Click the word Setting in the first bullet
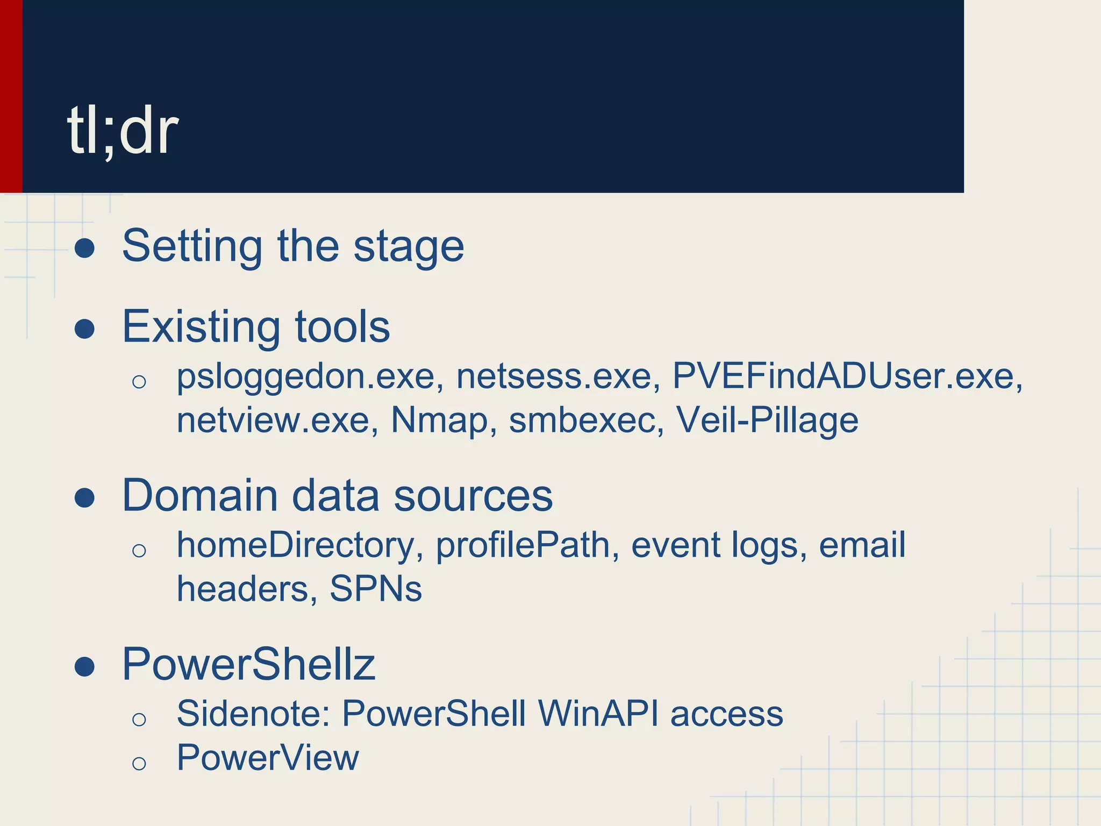tap(192, 247)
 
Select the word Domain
tap(200, 495)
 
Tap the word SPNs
tap(375, 589)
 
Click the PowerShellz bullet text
tap(248, 665)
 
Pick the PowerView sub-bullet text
tap(267, 758)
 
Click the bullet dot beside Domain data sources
tap(85, 497)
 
